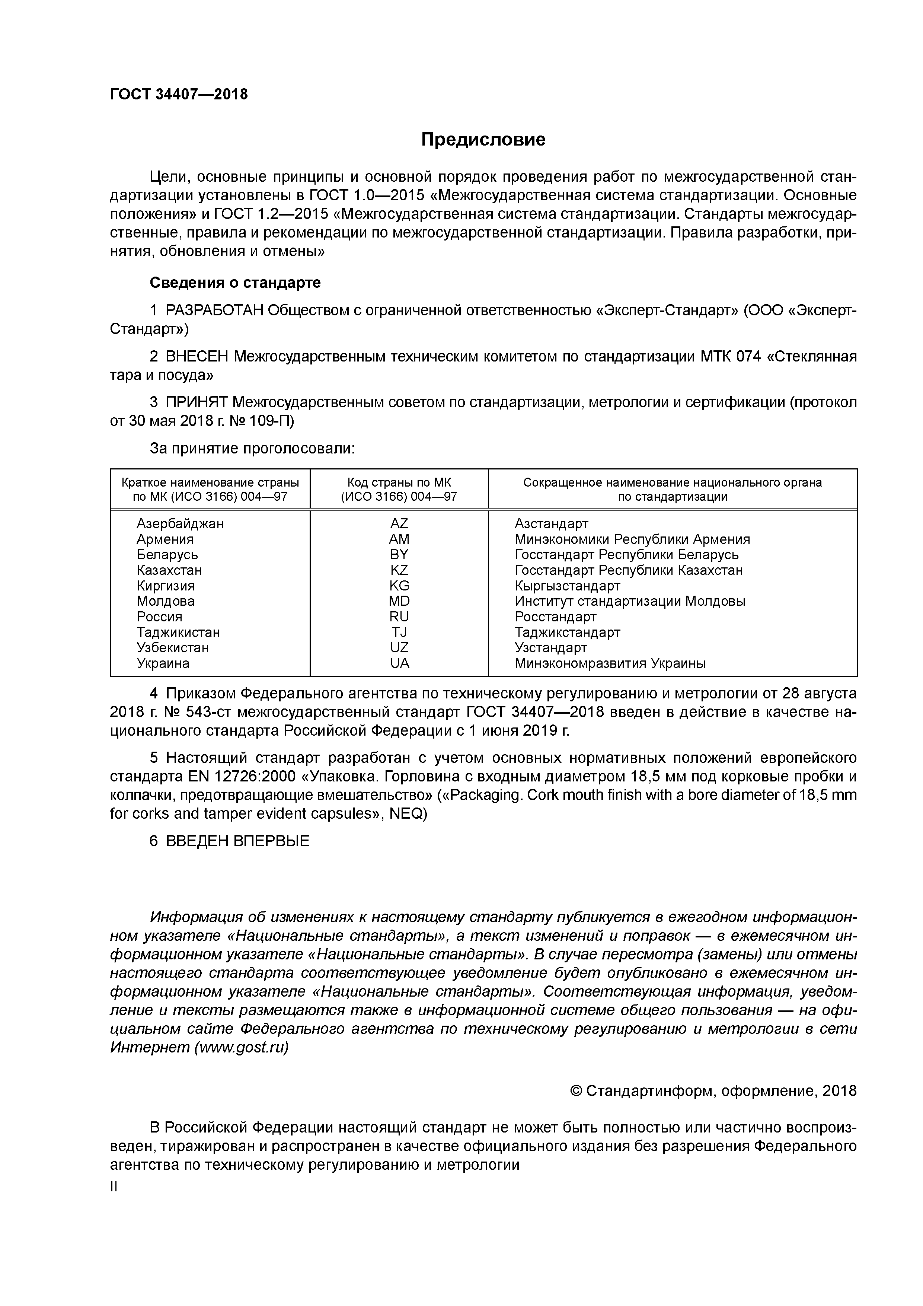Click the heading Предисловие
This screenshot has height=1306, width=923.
(x=483, y=139)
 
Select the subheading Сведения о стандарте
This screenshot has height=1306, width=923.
(x=235, y=283)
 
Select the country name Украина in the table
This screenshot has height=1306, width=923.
(x=163, y=663)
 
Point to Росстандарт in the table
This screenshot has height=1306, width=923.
(x=555, y=617)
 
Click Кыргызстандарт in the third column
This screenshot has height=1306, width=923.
(x=567, y=586)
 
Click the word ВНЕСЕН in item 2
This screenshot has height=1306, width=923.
(x=197, y=357)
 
